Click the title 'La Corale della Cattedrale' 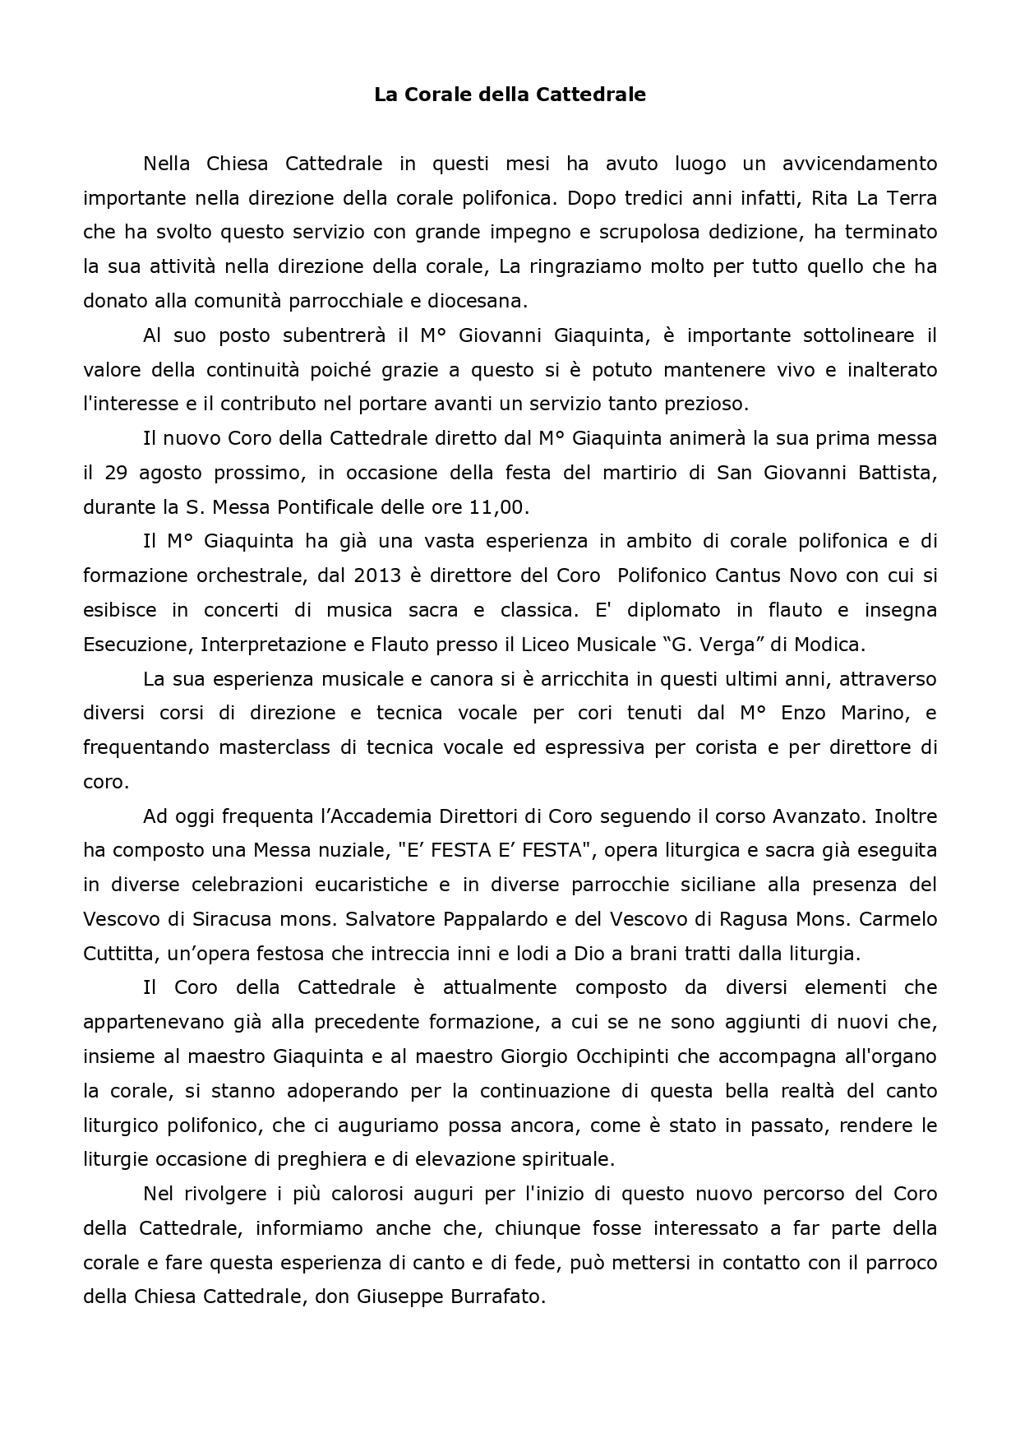coord(510,95)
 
